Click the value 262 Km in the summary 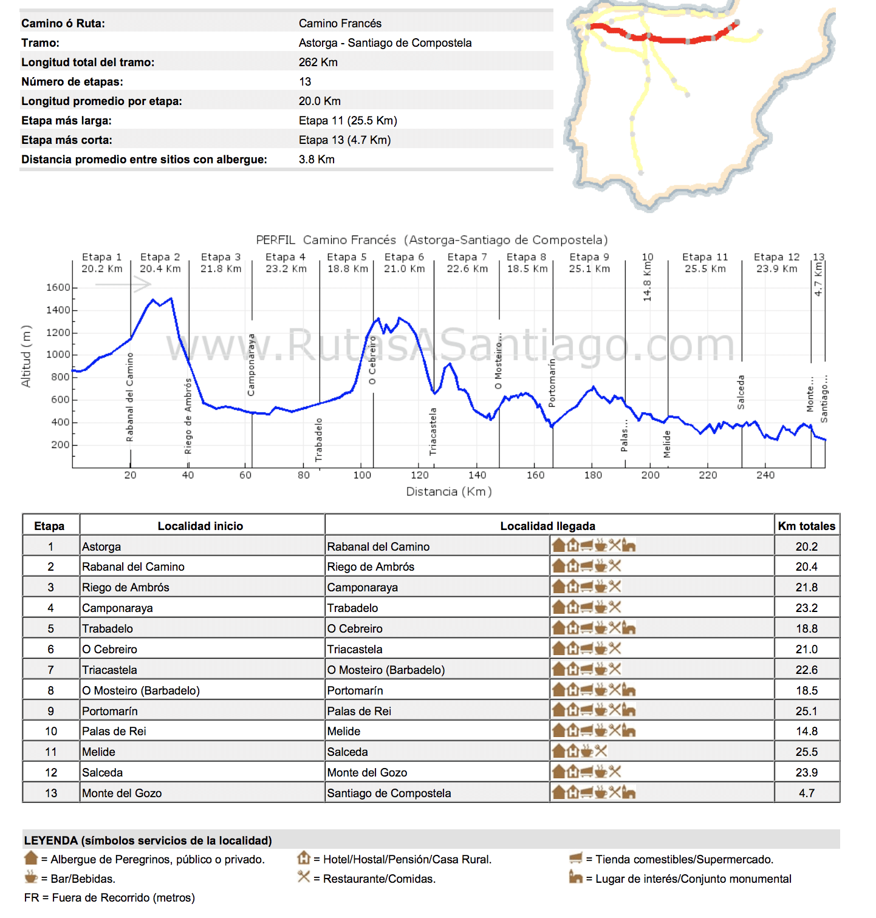[318, 62]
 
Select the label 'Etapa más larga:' [66, 120]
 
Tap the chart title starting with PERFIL [431, 240]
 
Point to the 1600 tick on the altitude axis [58, 287]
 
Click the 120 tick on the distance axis [419, 475]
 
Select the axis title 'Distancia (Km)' [449, 491]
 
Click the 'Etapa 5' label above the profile [347, 257]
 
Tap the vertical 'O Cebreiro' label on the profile [372, 360]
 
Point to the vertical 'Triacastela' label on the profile [433, 431]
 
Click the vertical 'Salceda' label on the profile [741, 392]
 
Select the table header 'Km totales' [806, 526]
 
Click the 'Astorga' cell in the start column [101, 546]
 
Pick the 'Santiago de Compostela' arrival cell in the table [389, 793]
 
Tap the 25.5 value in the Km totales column [806, 752]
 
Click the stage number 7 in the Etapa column [50, 670]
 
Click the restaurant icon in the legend [304, 877]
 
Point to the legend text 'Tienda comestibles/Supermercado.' [684, 859]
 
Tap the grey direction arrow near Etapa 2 [123, 284]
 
